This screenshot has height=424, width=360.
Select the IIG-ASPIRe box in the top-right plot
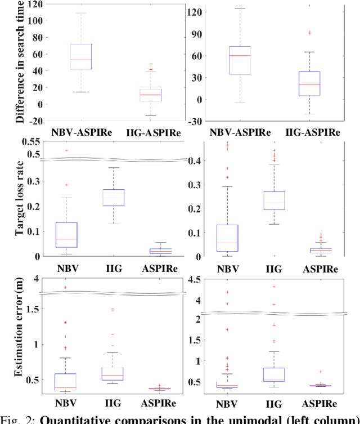[x=308, y=83]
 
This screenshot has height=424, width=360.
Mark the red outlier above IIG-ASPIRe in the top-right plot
[x=308, y=33]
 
